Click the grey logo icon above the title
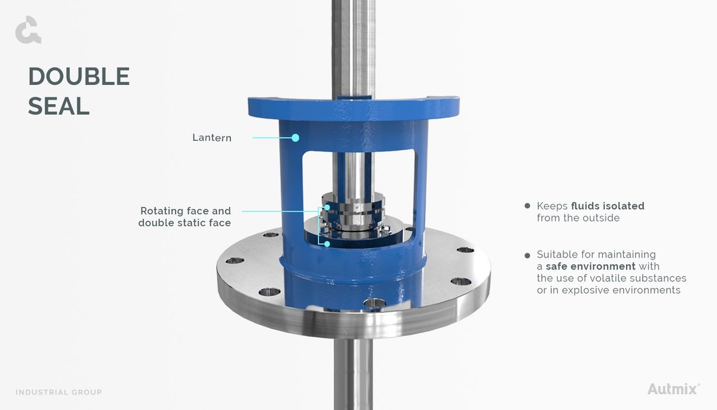click(x=28, y=31)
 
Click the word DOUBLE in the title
click(x=79, y=77)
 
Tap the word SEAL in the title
click(x=58, y=106)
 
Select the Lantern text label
click(x=212, y=138)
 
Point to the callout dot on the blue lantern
click(x=295, y=138)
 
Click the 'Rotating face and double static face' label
click(x=185, y=217)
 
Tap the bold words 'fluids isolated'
click(x=607, y=206)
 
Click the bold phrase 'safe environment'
click(x=590, y=267)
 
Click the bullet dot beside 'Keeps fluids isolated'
click(x=528, y=206)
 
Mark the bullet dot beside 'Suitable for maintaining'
click(x=528, y=255)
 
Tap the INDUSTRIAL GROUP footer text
click(x=59, y=392)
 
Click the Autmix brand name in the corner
click(x=673, y=389)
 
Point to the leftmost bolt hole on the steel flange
click(x=233, y=261)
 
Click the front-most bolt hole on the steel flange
click(x=374, y=303)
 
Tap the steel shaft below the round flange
click(x=353, y=375)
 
